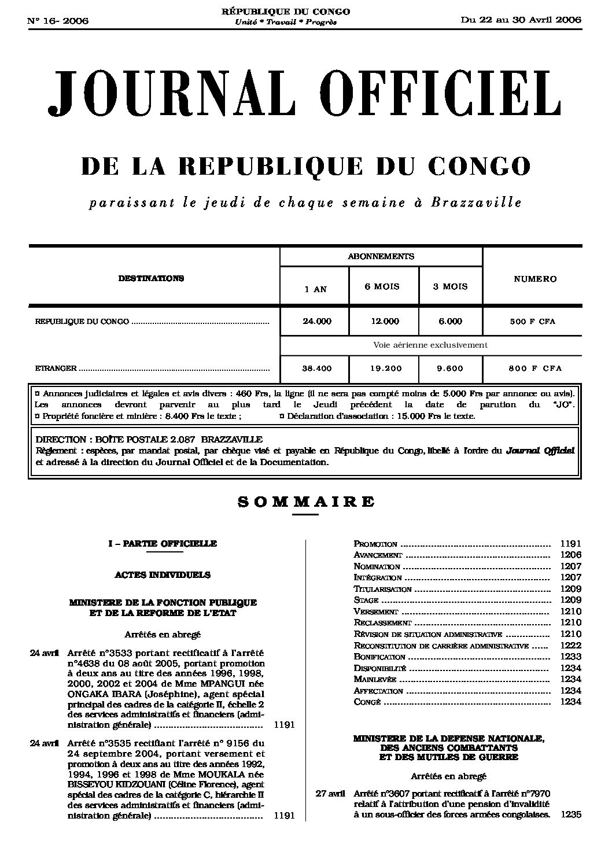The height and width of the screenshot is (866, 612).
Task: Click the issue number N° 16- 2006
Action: point(57,21)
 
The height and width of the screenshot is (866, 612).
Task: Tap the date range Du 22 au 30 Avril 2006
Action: point(521,20)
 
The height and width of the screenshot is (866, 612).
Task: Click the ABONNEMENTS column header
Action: point(381,256)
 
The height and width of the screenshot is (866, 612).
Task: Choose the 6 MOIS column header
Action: point(382,286)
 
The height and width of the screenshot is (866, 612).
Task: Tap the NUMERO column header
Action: point(535,279)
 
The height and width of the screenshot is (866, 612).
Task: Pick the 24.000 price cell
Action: point(317,322)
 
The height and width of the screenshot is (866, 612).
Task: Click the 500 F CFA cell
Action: point(532,322)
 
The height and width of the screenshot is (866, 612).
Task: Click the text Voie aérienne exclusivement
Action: point(430,345)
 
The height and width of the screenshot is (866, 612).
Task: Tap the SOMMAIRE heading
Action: point(306,502)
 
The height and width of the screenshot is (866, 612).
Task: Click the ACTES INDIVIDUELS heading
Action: point(163,575)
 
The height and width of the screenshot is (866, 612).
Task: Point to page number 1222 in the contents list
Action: point(570,646)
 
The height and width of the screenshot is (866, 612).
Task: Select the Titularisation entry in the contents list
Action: point(382,589)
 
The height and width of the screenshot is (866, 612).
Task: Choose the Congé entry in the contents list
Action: point(367,702)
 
